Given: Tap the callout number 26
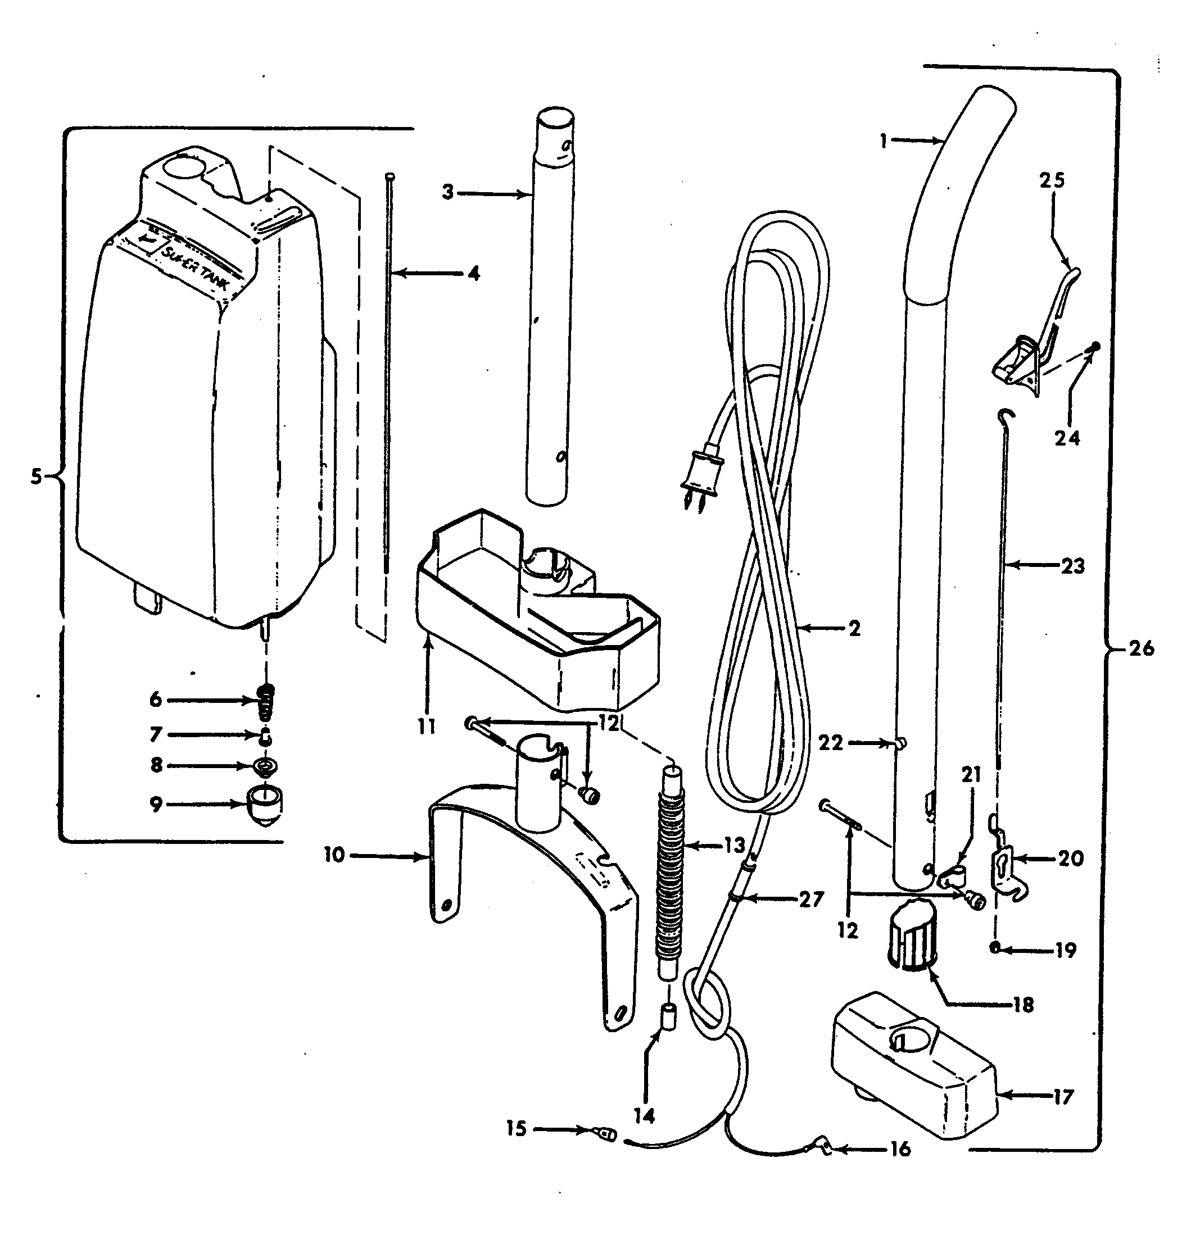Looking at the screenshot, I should tap(1140, 648).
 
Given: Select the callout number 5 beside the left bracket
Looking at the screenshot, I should tap(37, 477).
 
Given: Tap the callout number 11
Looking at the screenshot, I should tap(427, 727).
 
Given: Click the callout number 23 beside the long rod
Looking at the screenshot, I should tap(1072, 566).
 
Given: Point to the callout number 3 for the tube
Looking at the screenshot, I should tap(448, 192).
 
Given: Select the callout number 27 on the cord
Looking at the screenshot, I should tap(812, 899).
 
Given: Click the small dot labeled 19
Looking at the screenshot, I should tap(995, 948).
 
